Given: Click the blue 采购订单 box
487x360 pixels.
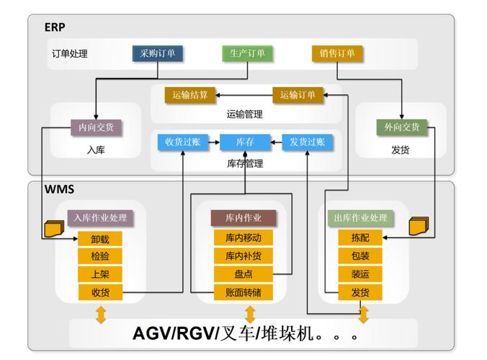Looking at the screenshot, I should (158, 53).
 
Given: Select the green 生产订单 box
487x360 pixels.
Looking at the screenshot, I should (247, 53).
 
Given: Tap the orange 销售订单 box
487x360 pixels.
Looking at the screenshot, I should (337, 53).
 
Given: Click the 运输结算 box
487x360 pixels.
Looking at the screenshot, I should (190, 95).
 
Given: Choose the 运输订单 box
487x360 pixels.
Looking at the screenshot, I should (298, 95).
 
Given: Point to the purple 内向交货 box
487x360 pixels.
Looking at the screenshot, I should (96, 127).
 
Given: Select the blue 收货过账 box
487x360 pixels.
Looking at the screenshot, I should (182, 142).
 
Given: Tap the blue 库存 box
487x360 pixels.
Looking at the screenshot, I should (245, 142).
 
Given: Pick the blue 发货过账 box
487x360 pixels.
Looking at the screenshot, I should (307, 142).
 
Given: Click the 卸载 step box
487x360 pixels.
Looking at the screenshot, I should (100, 239).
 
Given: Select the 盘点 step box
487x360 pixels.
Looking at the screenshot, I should (243, 274).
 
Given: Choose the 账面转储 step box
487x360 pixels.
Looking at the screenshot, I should (243, 292).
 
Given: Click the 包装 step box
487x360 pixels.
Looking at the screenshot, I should (360, 256).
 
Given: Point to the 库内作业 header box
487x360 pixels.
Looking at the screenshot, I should (243, 218).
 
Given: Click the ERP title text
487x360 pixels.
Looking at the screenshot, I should (55, 27).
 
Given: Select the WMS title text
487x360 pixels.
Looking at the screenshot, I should (58, 190).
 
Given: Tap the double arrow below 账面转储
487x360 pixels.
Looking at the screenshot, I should (250, 314).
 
